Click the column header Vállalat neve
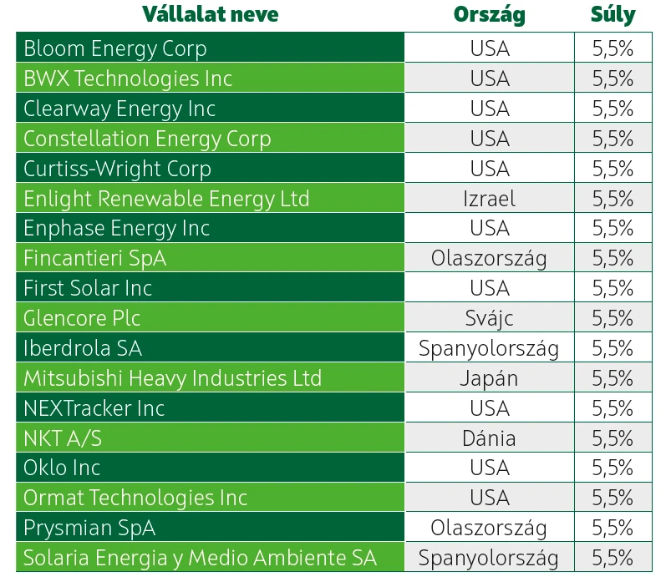[x=210, y=15]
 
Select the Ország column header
[x=489, y=15]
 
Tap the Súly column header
[x=613, y=15]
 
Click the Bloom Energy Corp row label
[x=115, y=48]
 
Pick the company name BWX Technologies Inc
[x=128, y=78]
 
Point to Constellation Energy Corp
[x=147, y=139]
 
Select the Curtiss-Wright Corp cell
[x=117, y=169]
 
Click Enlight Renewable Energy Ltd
[x=166, y=199]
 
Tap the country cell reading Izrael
[x=489, y=199]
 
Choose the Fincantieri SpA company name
[x=94, y=258]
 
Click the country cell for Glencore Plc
[x=489, y=318]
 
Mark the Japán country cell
[x=489, y=378]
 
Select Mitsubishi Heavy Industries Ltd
[x=172, y=378]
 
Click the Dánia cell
[x=489, y=438]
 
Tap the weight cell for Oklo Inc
[x=613, y=468]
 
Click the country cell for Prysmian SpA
[x=489, y=528]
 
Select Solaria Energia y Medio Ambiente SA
[x=200, y=558]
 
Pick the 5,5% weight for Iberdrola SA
[x=613, y=348]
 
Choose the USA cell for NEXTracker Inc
[x=489, y=408]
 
